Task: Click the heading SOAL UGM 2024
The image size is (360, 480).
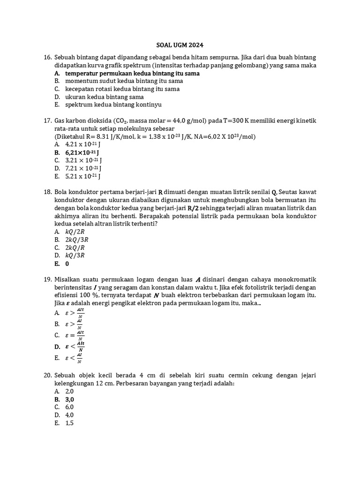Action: pos(180,45)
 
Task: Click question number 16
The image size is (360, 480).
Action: pos(47,57)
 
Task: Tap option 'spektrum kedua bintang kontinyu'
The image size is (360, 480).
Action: pos(113,105)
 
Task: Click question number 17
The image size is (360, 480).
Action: pos(47,120)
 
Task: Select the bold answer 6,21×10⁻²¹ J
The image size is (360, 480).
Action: pos(82,152)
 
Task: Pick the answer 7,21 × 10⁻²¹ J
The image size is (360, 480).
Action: pos(83,168)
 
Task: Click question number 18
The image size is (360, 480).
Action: pos(47,192)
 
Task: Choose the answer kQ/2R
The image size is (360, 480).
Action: pos(75,232)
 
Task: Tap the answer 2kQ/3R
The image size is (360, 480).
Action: pos(77,240)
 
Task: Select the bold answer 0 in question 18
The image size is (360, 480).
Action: pos(67,263)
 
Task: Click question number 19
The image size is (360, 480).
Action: pos(47,279)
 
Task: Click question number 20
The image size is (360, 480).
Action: pos(47,375)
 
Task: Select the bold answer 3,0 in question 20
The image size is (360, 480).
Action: pos(69,399)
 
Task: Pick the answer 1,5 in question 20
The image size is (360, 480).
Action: pos(69,423)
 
